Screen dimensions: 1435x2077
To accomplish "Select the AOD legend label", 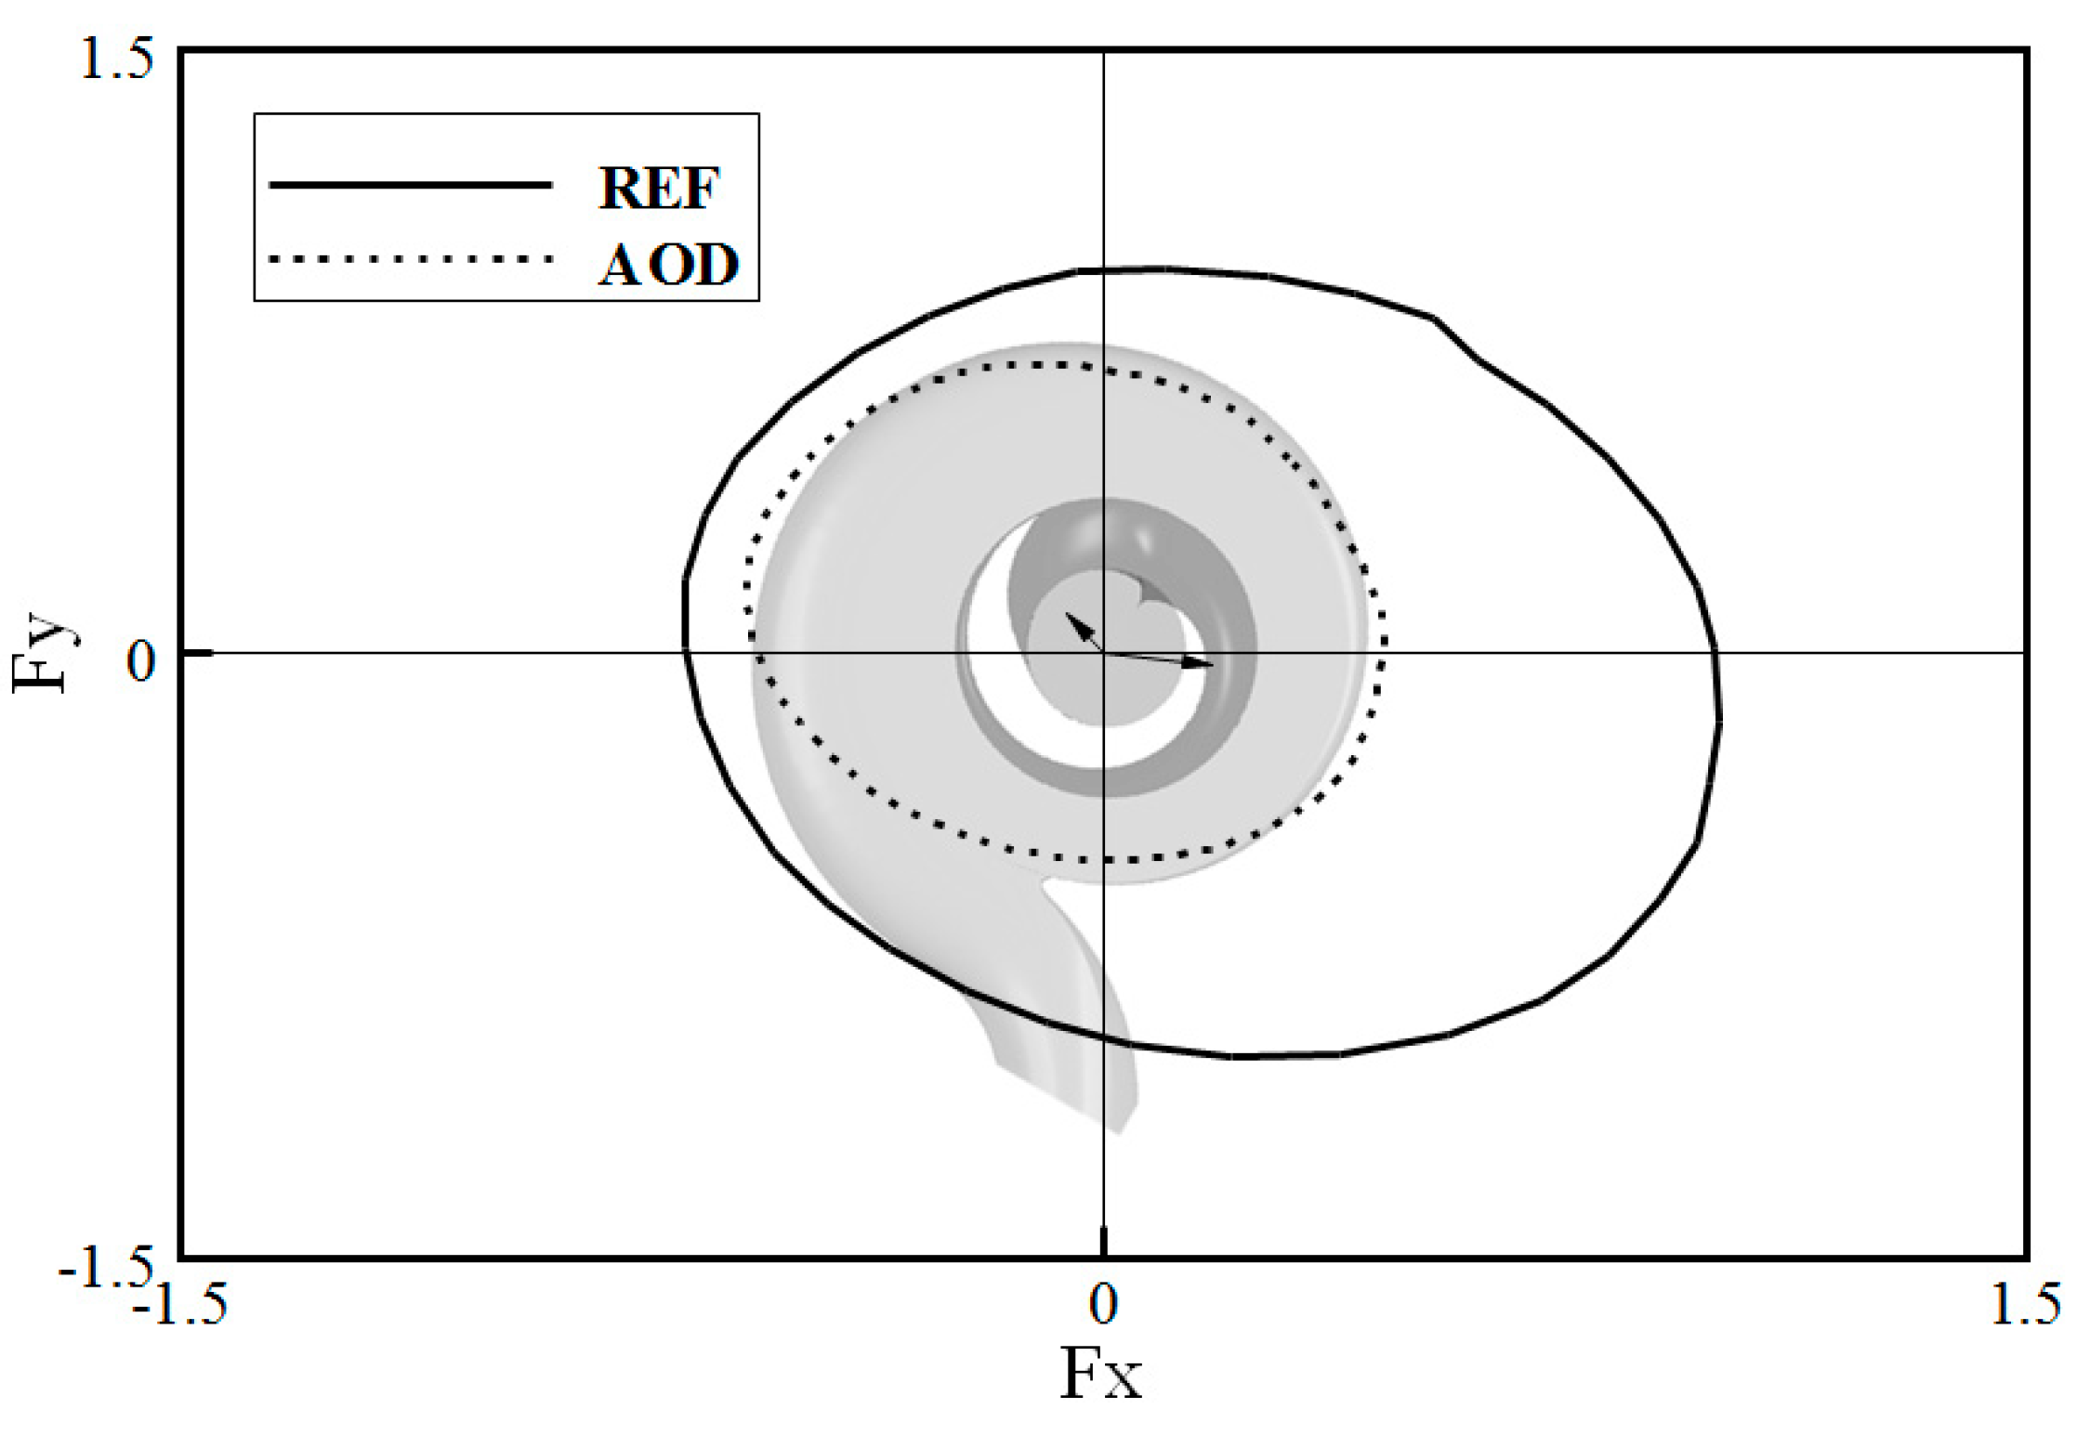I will pos(667,265).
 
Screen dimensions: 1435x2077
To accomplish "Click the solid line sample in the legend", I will pos(410,185).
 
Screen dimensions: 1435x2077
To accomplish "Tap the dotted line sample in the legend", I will pos(410,259).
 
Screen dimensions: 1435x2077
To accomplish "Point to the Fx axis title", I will pos(1100,1374).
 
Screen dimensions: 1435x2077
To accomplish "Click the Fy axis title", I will pos(42,652).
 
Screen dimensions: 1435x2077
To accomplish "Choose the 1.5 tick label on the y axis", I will pos(117,60).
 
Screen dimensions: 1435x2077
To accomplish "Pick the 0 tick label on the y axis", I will pos(140,661).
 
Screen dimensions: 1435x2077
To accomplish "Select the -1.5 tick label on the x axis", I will pos(180,1304).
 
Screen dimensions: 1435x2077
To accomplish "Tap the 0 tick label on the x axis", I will pos(1102,1304).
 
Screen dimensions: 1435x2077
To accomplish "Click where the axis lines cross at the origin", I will pos(1103,653).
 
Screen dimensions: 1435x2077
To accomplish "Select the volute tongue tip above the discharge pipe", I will pos(1048,883).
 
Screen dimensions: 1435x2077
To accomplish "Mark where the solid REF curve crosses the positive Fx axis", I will pos(1715,653).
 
